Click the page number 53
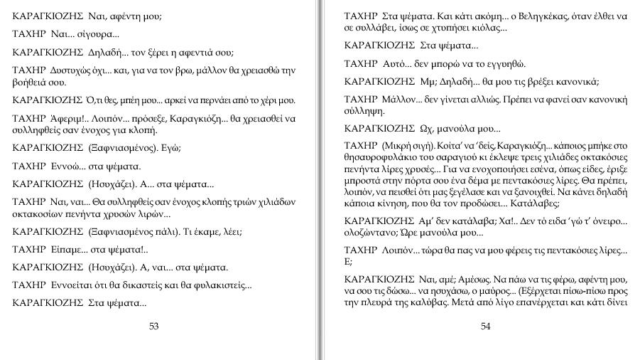coord(153,327)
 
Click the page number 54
coord(485,327)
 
